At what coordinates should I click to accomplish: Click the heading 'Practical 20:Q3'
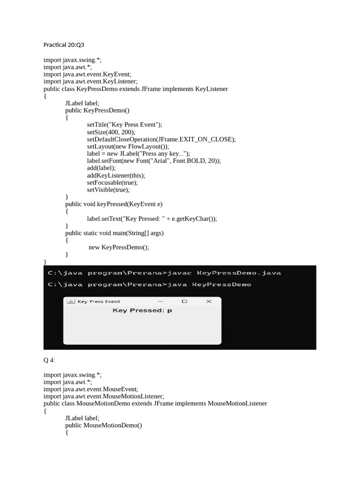click(64, 45)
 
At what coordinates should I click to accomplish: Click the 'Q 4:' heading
click(49, 360)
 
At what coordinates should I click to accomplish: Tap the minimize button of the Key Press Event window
click(160, 301)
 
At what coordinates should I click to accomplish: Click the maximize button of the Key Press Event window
click(184, 301)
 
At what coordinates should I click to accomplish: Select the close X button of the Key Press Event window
click(209, 301)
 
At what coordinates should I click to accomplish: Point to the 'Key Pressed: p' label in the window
click(142, 310)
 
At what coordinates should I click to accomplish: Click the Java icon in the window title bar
click(71, 301)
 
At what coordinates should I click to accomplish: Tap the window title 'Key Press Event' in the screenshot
click(99, 301)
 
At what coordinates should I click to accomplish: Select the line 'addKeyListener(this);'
click(116, 175)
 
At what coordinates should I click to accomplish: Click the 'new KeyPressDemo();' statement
click(119, 247)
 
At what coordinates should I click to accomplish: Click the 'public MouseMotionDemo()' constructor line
click(104, 425)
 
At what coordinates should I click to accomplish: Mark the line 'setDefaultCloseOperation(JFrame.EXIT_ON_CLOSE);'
click(161, 139)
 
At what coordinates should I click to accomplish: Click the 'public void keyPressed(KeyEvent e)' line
click(114, 204)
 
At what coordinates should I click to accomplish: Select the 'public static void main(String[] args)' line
click(114, 232)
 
